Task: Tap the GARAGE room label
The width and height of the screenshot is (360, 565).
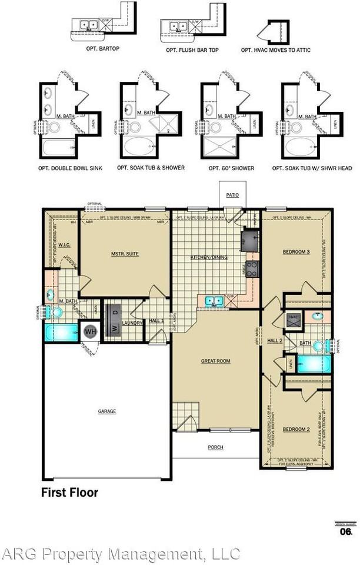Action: coord(106,411)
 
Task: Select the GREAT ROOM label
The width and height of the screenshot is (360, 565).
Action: coord(215,361)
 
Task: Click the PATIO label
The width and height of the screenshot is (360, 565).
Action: coord(232,195)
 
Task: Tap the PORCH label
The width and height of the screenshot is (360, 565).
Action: coord(215,447)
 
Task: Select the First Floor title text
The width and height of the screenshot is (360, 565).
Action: coord(69,492)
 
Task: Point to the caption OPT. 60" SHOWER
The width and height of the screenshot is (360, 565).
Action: coord(231,168)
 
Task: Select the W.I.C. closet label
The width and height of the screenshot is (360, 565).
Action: coord(65,244)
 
